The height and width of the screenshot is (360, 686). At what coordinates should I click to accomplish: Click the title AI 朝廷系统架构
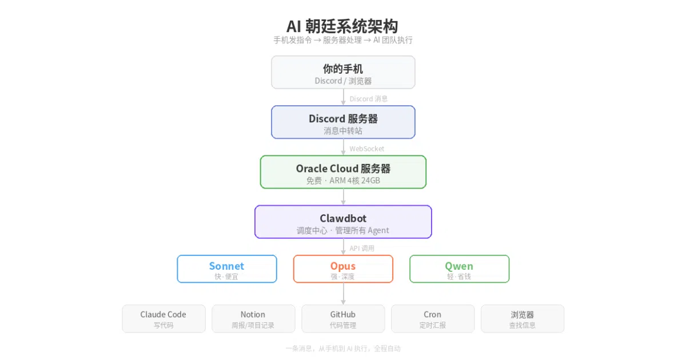[x=342, y=26]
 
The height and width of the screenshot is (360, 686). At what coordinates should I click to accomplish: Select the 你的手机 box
[x=343, y=72]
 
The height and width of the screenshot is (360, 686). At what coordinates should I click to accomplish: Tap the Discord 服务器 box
[x=343, y=122]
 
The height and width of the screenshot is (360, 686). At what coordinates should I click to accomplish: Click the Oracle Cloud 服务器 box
[x=343, y=172]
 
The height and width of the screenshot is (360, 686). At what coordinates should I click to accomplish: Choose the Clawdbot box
[x=343, y=222]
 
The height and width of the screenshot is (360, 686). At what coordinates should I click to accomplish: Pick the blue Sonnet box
[x=227, y=269]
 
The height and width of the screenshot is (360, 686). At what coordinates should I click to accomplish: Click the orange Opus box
[x=343, y=269]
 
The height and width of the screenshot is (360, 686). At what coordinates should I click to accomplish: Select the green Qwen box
[x=460, y=269]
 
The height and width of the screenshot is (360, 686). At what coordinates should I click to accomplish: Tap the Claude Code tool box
[x=164, y=319]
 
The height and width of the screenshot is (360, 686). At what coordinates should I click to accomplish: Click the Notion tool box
[x=253, y=319]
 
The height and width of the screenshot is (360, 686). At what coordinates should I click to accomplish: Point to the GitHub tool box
[x=343, y=319]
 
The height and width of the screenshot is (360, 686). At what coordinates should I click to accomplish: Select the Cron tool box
[x=433, y=319]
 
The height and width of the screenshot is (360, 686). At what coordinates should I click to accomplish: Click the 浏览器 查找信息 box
[x=523, y=319]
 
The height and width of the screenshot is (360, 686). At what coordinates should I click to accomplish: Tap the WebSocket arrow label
[x=366, y=149]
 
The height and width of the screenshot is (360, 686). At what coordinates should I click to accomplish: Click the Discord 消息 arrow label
[x=368, y=99]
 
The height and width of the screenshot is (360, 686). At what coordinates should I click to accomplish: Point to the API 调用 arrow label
[x=362, y=248]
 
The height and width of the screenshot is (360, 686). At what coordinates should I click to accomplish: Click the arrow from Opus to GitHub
[x=344, y=294]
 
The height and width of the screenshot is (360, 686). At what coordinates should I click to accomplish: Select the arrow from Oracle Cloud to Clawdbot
[x=344, y=197]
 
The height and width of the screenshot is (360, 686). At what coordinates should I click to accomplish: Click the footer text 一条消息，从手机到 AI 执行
[x=326, y=349]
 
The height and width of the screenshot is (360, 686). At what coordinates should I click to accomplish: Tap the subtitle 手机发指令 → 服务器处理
[x=318, y=40]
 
